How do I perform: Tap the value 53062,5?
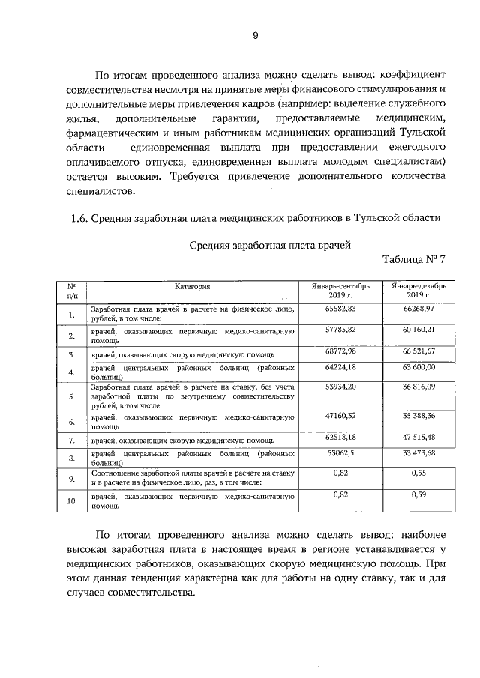pos(340,453)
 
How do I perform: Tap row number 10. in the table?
pos(72,501)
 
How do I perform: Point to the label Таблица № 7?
pos(414,260)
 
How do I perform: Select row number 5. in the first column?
pos(72,396)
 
